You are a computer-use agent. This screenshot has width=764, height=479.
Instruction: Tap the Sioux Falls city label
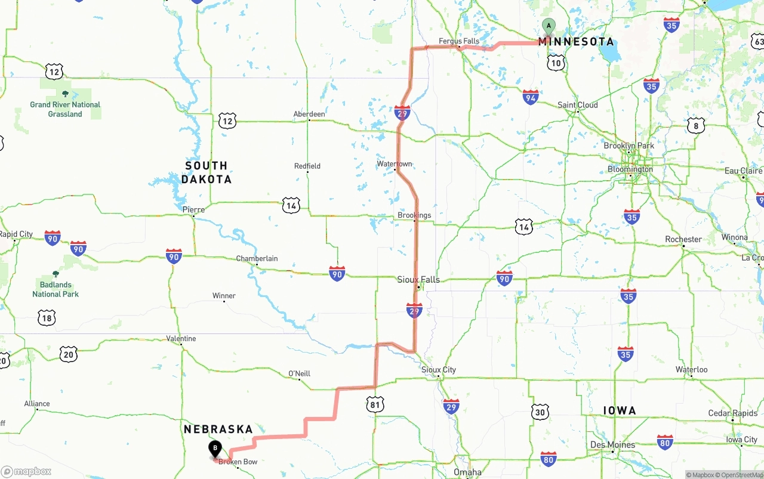[418, 279]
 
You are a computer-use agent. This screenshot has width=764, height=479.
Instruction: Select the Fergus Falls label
[458, 41]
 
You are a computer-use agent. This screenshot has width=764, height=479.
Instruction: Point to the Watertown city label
[395, 163]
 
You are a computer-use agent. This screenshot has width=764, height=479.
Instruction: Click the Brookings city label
[414, 215]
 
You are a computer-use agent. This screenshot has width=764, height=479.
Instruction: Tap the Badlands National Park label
[56, 289]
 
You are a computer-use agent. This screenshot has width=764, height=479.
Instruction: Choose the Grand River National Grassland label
[65, 109]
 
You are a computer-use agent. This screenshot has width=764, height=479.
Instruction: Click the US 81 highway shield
[375, 405]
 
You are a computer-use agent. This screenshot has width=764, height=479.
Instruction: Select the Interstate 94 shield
[530, 97]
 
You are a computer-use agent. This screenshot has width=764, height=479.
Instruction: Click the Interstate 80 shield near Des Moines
[549, 458]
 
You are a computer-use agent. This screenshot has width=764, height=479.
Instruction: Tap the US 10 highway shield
[556, 63]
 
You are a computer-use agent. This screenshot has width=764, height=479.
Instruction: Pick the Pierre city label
[193, 209]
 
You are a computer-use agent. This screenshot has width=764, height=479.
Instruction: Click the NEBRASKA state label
[218, 429]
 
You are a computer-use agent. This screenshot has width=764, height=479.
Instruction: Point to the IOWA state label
[620, 410]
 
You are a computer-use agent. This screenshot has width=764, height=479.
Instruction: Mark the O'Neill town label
[299, 373]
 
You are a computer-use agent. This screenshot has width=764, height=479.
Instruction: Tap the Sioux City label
[439, 370]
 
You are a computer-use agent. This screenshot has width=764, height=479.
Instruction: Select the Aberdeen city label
[309, 114]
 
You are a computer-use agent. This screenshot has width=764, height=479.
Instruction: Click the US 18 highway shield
[47, 317]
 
